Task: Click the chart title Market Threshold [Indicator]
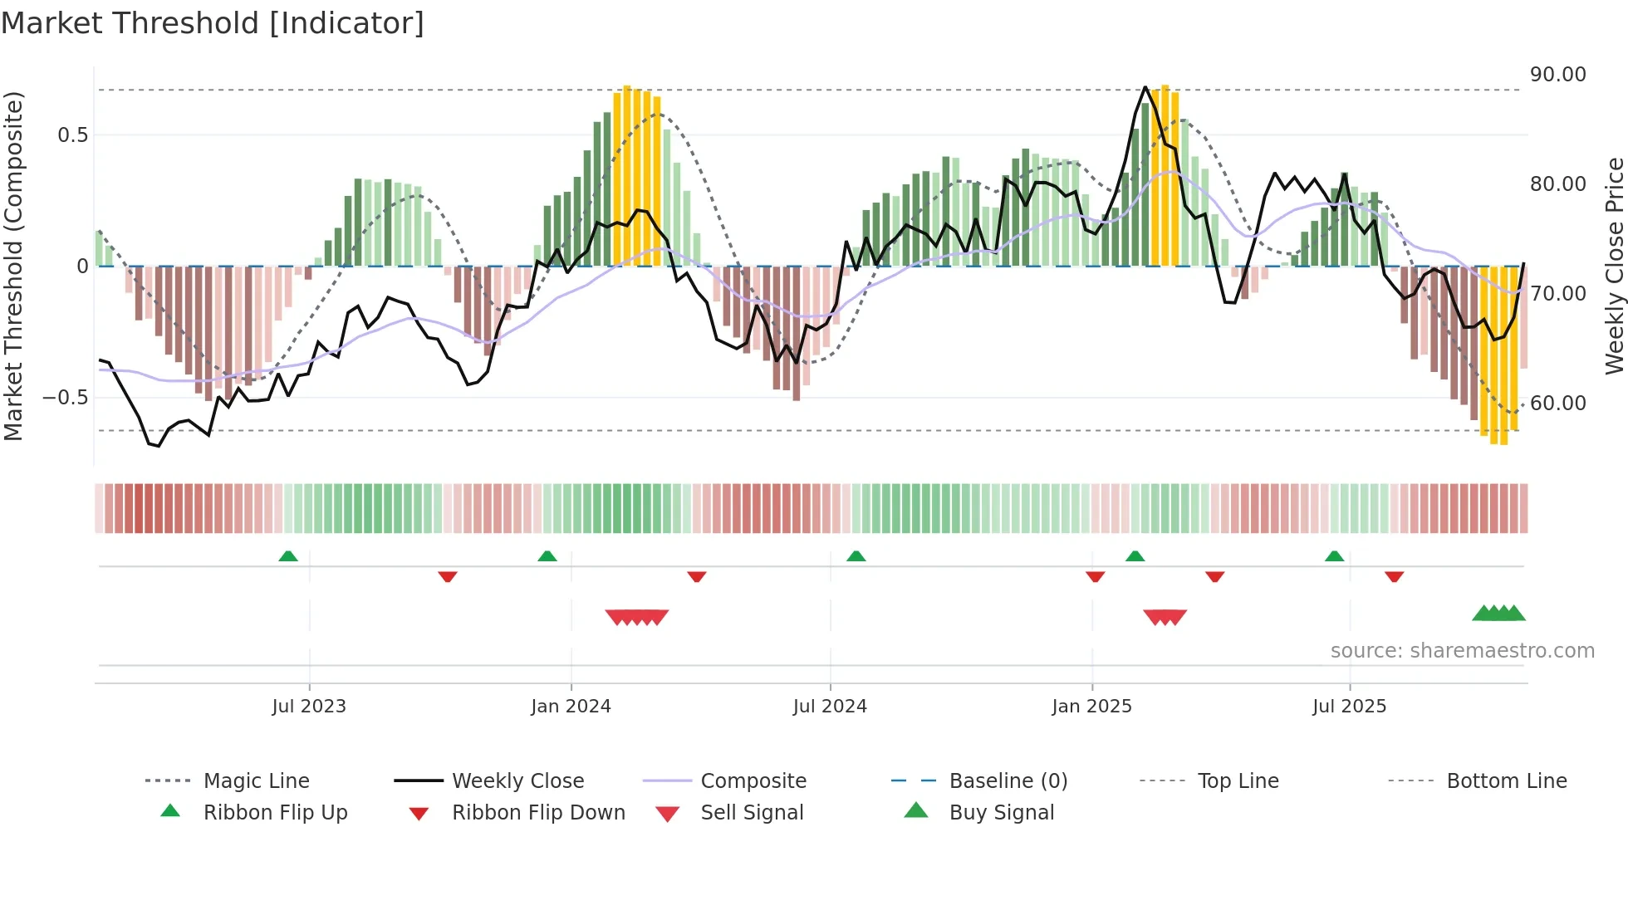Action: coord(213,23)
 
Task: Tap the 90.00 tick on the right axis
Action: coord(1557,75)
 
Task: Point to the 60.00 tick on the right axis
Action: coord(1557,404)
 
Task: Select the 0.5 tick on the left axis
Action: coord(72,135)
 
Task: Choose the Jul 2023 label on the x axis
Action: coord(309,707)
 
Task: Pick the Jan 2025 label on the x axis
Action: coord(1091,707)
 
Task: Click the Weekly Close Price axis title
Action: coord(1614,266)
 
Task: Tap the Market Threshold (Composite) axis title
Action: coord(13,266)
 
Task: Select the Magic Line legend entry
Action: coord(256,781)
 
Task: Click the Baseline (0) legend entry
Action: coord(1008,781)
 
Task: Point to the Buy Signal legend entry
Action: coord(1001,813)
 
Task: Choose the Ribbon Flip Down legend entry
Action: coord(537,813)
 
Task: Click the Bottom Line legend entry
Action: coord(1506,781)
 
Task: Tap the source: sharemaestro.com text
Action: coord(1462,651)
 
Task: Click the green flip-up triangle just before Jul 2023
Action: coord(288,556)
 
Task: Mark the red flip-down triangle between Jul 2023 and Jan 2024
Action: coord(448,576)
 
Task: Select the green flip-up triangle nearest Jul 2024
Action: coord(856,556)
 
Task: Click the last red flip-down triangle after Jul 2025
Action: coord(1395,576)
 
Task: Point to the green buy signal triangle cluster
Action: coord(1498,614)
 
